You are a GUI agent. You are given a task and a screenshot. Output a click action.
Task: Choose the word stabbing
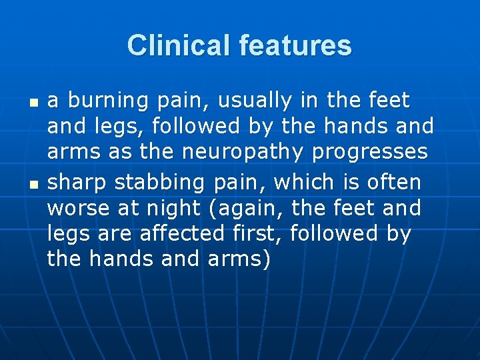click(157, 183)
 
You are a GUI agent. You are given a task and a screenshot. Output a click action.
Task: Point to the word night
click(172, 209)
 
